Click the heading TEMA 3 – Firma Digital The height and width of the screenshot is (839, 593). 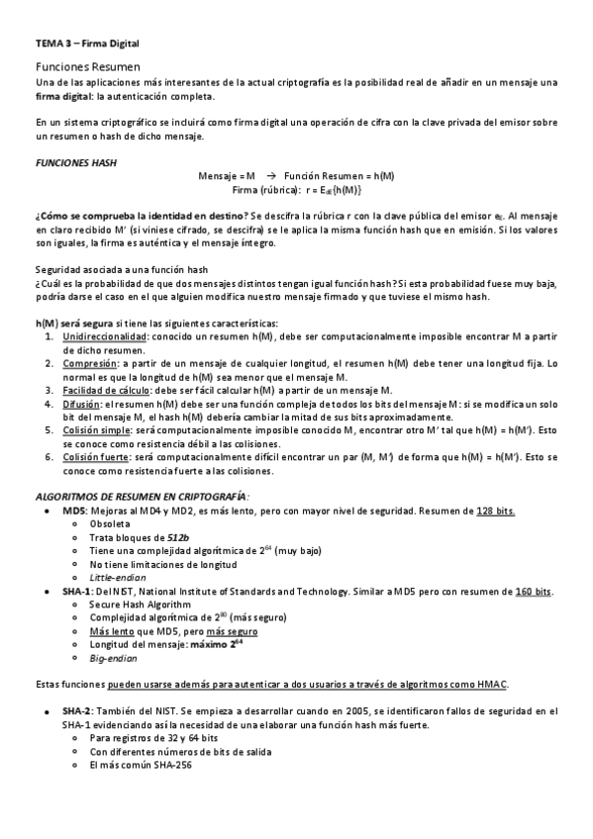pyautogui.click(x=87, y=44)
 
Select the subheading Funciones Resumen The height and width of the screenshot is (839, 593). pyautogui.click(x=87, y=63)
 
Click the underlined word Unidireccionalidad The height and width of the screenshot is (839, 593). pyautogui.click(x=104, y=336)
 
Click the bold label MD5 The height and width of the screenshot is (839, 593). pyautogui.click(x=72, y=510)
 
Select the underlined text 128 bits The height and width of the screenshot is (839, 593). pyautogui.click(x=495, y=510)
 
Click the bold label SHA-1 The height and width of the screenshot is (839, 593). pyautogui.click(x=75, y=590)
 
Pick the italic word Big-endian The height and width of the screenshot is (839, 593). pyautogui.click(x=114, y=656)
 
